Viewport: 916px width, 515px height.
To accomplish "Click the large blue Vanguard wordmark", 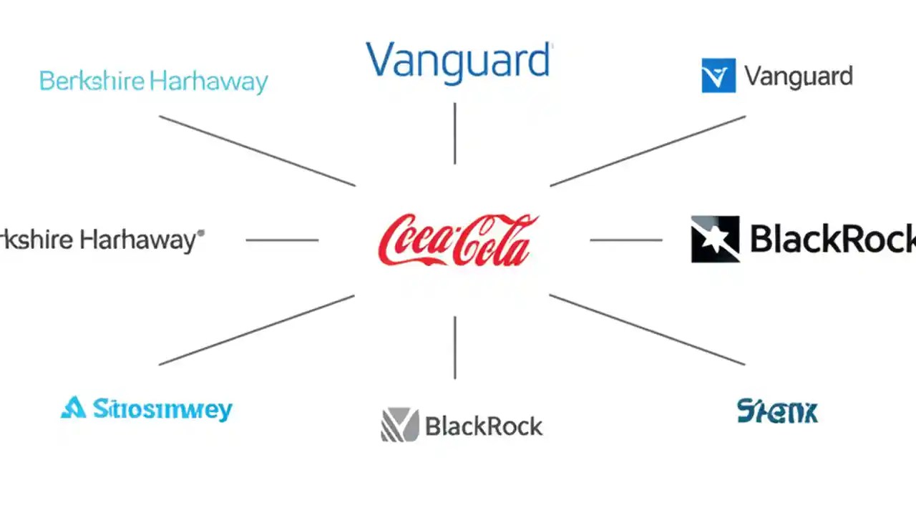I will pos(458,60).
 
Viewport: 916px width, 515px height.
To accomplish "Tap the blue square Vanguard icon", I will pos(718,76).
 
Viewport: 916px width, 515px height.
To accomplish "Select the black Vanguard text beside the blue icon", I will pos(799,76).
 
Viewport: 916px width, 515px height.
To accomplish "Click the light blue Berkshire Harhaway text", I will pos(153,82).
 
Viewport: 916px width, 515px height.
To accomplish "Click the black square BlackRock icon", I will pos(715,239).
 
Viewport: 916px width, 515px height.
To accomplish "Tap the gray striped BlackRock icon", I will pos(399,425).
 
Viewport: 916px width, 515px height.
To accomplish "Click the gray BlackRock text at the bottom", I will pos(484,427).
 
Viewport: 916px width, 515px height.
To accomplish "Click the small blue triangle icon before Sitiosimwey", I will pos(72,408).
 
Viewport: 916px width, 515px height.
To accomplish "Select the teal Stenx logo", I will pos(776,411).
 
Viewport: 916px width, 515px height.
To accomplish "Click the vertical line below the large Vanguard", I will pos(454,133).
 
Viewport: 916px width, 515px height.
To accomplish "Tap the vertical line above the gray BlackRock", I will pos(454,348).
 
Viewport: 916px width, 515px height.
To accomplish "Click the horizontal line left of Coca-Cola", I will pos(282,240).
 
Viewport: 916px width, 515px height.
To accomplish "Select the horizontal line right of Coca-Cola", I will pos(626,240).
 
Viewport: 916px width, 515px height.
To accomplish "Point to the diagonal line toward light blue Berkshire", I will pos(257,150).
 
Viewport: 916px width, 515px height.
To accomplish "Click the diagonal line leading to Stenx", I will pos(648,330).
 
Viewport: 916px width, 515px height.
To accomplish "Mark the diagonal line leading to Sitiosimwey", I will pos(257,330).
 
